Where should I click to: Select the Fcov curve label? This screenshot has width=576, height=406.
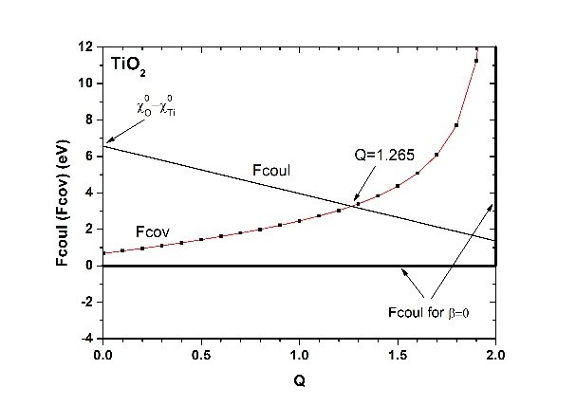(x=152, y=231)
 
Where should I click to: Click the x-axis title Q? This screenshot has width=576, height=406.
(x=298, y=382)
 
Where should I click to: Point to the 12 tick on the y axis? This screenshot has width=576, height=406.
(x=88, y=46)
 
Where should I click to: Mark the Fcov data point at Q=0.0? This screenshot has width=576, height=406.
(x=102, y=253)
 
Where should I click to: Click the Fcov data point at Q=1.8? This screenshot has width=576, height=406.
(x=456, y=125)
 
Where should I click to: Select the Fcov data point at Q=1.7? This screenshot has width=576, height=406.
(x=437, y=155)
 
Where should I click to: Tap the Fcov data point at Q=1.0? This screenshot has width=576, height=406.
(x=299, y=220)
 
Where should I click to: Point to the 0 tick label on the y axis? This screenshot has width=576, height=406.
(x=91, y=266)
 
